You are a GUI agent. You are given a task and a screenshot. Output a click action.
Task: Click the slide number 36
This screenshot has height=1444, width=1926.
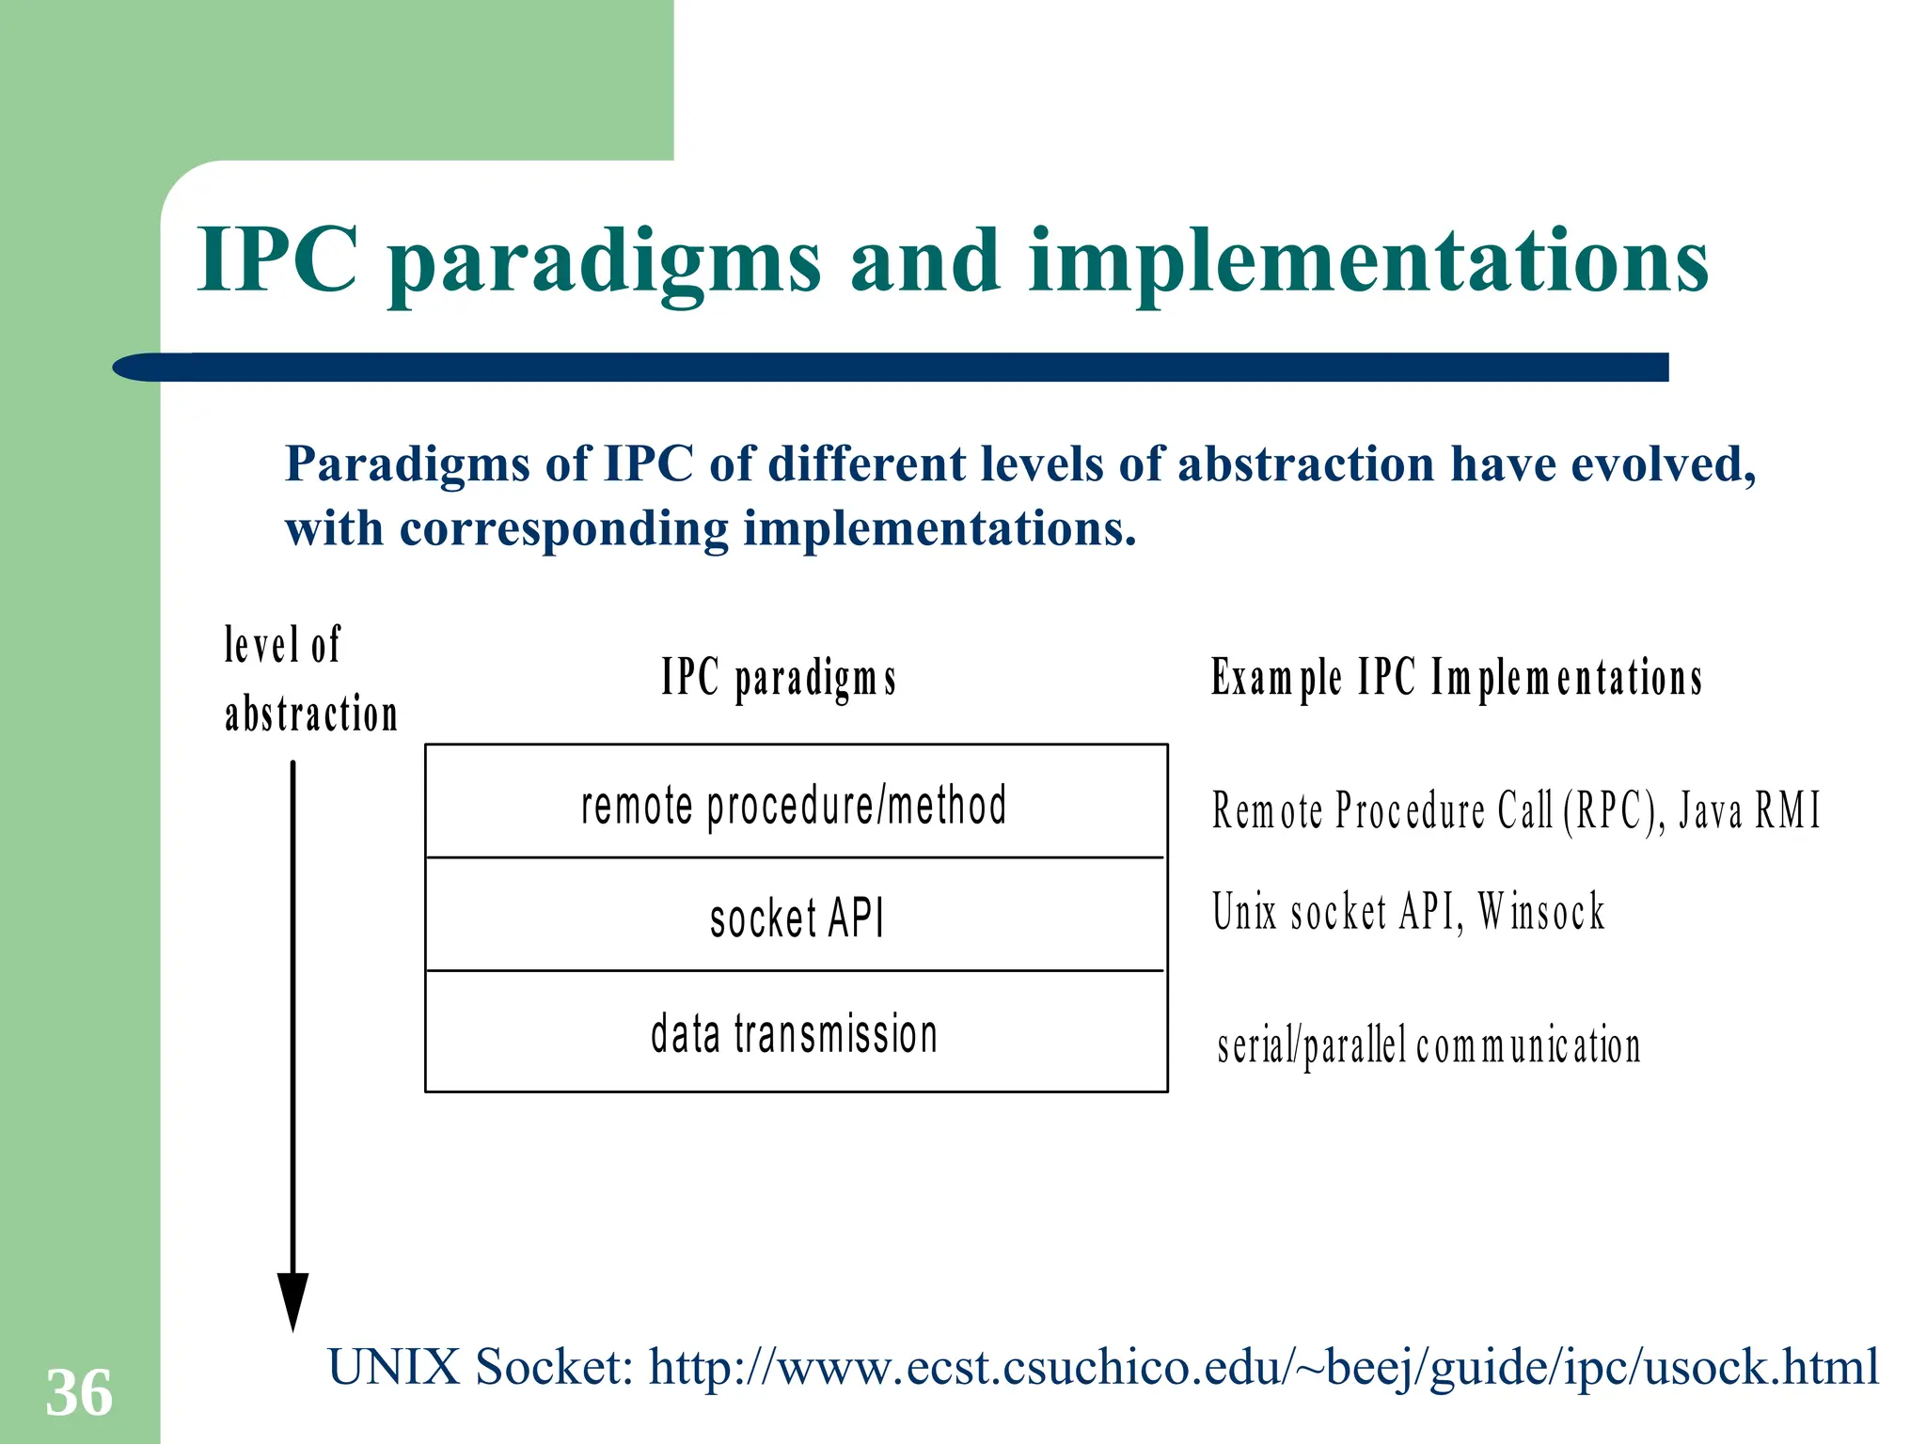pos(79,1392)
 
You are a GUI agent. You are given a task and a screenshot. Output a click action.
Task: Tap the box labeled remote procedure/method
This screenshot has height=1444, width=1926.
pos(795,805)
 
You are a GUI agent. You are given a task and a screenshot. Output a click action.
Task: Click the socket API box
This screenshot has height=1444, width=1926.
pos(797,917)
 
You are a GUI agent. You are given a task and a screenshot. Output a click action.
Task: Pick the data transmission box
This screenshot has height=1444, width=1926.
pos(795,1032)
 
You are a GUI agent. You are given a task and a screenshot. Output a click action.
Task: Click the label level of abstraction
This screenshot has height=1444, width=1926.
pos(310,679)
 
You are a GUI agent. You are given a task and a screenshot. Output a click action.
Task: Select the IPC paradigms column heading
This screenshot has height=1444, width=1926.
pos(779,677)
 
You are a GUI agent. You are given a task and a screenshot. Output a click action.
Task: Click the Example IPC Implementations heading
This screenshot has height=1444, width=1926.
pos(1456,677)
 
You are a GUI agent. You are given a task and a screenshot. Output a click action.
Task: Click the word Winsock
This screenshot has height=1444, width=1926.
pos(1540,911)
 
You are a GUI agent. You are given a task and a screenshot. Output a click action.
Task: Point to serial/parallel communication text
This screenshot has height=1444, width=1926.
pos(1429,1045)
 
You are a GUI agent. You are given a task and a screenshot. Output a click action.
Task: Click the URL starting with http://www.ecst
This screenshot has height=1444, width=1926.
pos(1263,1366)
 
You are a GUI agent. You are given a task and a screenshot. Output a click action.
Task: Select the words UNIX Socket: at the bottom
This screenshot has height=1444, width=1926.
pos(481,1366)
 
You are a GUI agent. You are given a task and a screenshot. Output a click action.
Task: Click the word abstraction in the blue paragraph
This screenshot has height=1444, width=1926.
pos(1305,463)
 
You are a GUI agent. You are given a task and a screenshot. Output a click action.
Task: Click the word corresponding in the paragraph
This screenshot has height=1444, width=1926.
pos(564,528)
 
